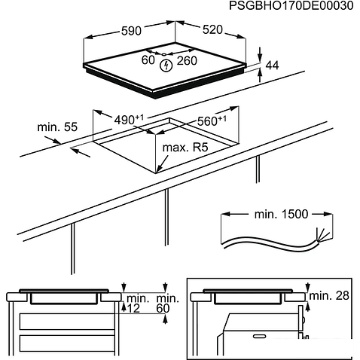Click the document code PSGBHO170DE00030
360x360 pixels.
[290, 6]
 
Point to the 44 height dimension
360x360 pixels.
[273, 66]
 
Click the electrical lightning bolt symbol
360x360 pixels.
[167, 66]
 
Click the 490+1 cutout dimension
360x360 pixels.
[129, 120]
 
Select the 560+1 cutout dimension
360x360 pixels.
[212, 120]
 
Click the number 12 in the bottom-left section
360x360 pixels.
[133, 309]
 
